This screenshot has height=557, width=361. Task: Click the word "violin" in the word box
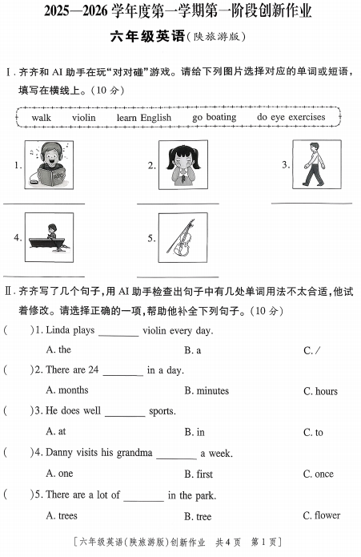(x=83, y=118)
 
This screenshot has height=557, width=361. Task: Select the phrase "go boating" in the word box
(x=215, y=117)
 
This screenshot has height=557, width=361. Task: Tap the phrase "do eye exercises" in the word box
(x=291, y=117)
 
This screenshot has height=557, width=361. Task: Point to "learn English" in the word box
(x=143, y=118)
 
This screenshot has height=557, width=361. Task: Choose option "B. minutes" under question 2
(x=206, y=391)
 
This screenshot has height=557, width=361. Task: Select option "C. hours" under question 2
(x=320, y=391)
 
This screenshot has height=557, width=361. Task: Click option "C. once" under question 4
(x=318, y=474)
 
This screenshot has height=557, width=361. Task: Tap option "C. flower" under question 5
(x=321, y=516)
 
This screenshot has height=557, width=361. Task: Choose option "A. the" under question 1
(x=58, y=349)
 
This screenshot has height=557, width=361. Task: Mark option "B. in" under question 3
(x=195, y=433)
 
